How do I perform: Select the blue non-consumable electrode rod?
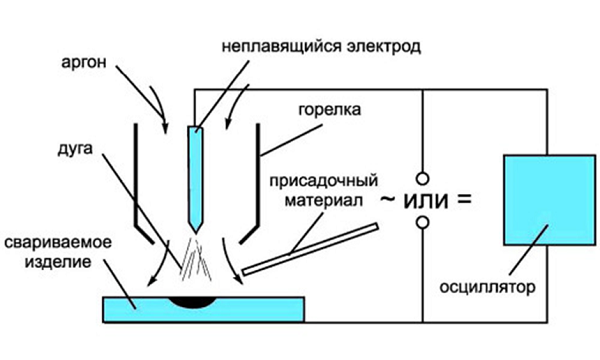click(197, 175)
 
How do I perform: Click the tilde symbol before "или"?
click(386, 199)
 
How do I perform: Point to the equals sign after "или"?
click(462, 198)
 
